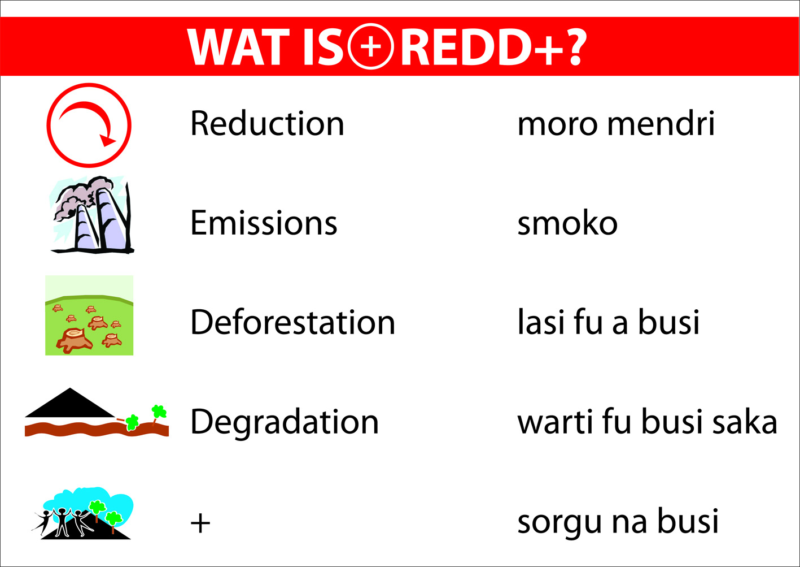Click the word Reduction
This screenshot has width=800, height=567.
(x=267, y=123)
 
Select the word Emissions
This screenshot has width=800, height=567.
(x=264, y=223)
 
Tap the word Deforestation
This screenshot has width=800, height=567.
(x=292, y=322)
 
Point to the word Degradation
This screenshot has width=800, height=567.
(x=284, y=422)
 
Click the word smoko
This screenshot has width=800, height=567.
(x=567, y=223)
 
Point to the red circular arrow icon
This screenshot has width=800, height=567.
(x=89, y=125)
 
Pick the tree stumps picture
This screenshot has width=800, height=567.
(x=89, y=315)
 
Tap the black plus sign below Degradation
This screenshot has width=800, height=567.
(x=200, y=523)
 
